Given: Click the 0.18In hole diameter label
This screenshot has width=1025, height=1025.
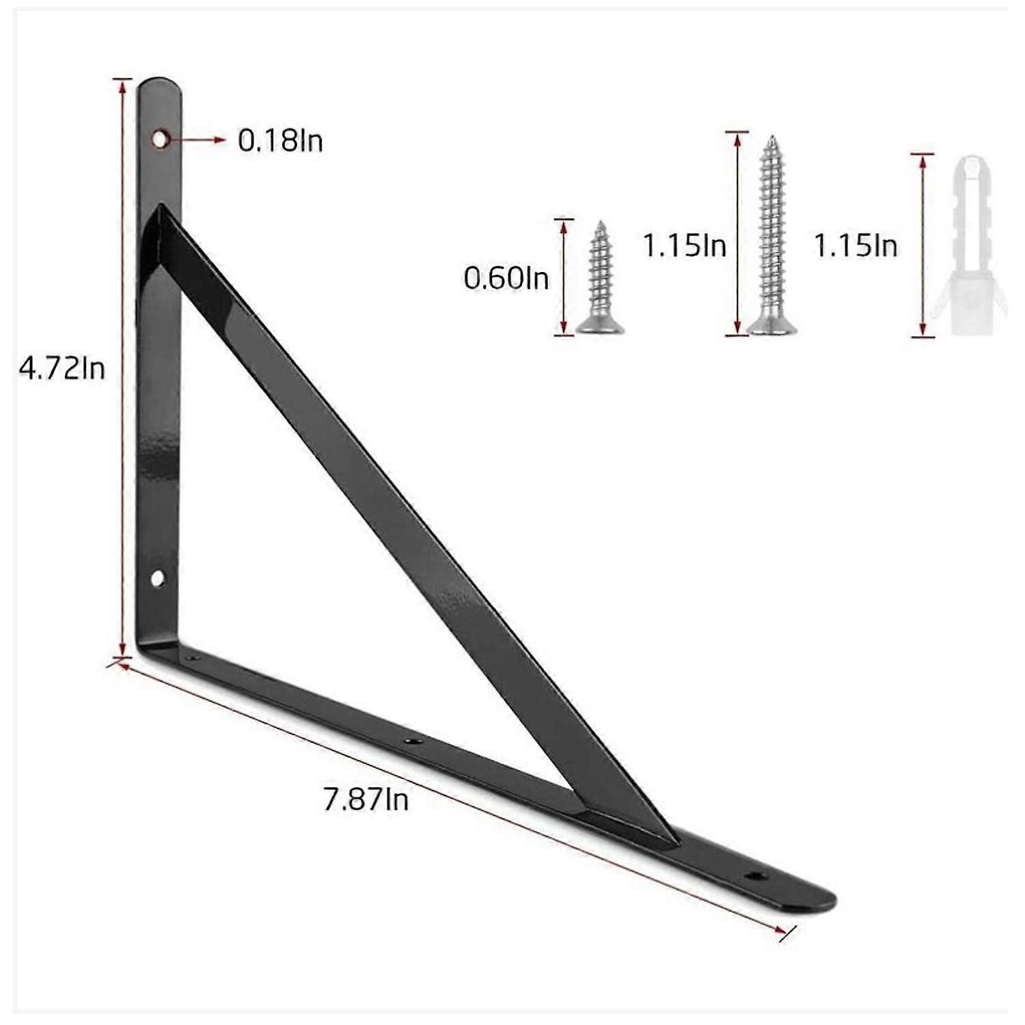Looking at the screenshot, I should coord(280,141).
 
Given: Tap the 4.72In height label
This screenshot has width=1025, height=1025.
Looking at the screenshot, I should coord(62,369).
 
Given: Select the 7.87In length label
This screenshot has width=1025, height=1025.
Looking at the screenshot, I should coord(366,799).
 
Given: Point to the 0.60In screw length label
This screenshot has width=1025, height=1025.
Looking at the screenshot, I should coord(506,278).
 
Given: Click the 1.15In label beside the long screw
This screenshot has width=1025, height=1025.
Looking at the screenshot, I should coord(684,245).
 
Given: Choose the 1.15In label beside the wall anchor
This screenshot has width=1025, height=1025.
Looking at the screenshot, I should coord(855,245).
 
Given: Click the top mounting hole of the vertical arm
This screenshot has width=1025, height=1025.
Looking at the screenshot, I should coord(159,139).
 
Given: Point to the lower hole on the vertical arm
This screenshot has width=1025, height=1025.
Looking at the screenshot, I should coord(157,579).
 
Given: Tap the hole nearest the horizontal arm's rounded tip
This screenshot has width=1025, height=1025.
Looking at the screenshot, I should coord(754,875).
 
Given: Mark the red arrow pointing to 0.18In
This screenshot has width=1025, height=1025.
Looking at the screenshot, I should coord(198,140).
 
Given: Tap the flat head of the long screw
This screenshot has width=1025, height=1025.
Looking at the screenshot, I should coord(771,329).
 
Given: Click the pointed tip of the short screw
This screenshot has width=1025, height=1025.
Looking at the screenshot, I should coord(600,224).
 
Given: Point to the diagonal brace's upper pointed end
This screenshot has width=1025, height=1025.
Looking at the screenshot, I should coord(161,208).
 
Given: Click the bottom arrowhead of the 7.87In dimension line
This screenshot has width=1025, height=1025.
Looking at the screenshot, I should coord(783,931).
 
